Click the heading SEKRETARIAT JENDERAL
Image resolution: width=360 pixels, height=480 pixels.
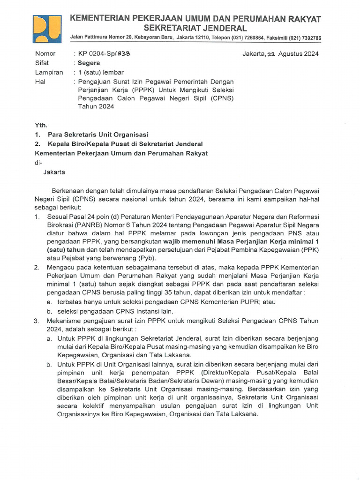[195, 28]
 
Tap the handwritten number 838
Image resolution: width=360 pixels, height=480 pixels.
[123, 53]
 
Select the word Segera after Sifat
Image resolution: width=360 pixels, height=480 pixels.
[89, 63]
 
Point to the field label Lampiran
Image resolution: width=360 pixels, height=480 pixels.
[49, 72]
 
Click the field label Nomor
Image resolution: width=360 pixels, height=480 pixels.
[45, 53]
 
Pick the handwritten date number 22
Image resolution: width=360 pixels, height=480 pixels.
[271, 54]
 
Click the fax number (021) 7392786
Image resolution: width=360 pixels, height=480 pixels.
[305, 37]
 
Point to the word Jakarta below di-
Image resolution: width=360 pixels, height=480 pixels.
[54, 172]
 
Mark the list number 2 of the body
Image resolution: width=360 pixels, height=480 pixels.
[37, 267]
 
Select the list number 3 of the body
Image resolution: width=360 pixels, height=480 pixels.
[37, 321]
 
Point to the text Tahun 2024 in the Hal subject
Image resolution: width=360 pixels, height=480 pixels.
[96, 106]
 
